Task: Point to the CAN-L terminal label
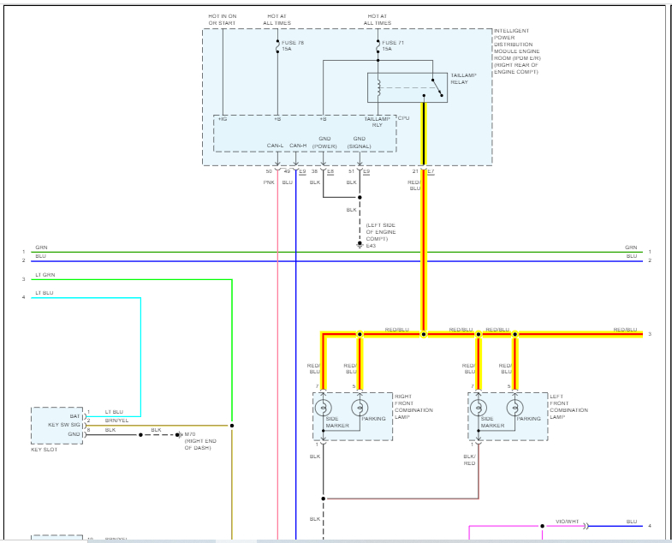click(x=276, y=145)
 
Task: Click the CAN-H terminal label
click(x=298, y=145)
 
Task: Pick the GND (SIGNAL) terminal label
click(x=360, y=141)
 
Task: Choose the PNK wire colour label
click(x=269, y=182)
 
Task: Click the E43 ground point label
click(x=371, y=246)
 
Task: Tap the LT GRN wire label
click(x=45, y=275)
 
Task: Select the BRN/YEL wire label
click(x=116, y=421)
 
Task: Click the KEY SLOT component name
click(x=44, y=449)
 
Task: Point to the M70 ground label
click(x=190, y=434)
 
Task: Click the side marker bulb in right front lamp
click(x=324, y=408)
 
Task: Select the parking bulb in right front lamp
click(x=360, y=408)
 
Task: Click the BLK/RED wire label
click(x=469, y=459)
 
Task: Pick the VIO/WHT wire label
click(x=567, y=521)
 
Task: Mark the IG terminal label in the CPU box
click(x=222, y=118)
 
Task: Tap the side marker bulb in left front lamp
click(x=479, y=408)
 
